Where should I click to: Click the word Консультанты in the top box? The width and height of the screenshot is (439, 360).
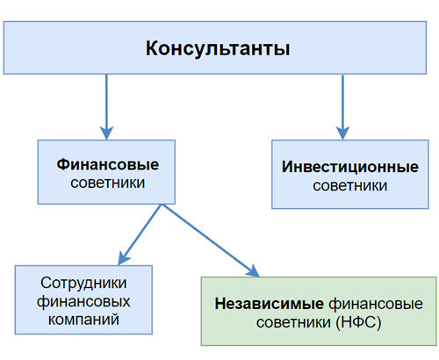(218, 48)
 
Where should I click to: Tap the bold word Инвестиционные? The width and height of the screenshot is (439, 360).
(337, 167)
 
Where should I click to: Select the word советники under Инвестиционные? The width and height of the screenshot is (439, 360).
(337, 186)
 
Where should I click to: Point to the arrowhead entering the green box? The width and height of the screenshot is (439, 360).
(254, 270)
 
